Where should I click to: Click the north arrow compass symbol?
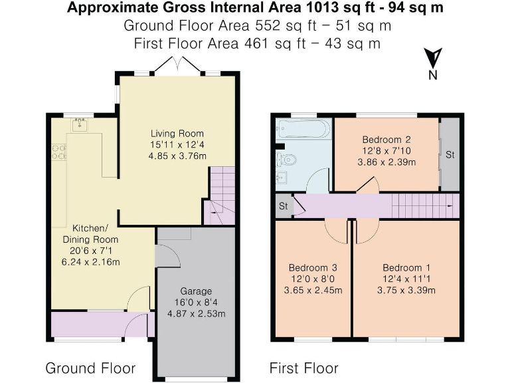433,60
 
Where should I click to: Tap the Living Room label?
177,133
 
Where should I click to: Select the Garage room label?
197,291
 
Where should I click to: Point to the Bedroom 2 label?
386,140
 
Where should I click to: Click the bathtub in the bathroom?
302,128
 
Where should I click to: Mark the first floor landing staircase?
422,206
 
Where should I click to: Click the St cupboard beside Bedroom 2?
450,154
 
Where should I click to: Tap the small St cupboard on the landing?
282,206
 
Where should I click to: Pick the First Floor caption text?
303,368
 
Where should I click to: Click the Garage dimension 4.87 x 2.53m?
197,313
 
